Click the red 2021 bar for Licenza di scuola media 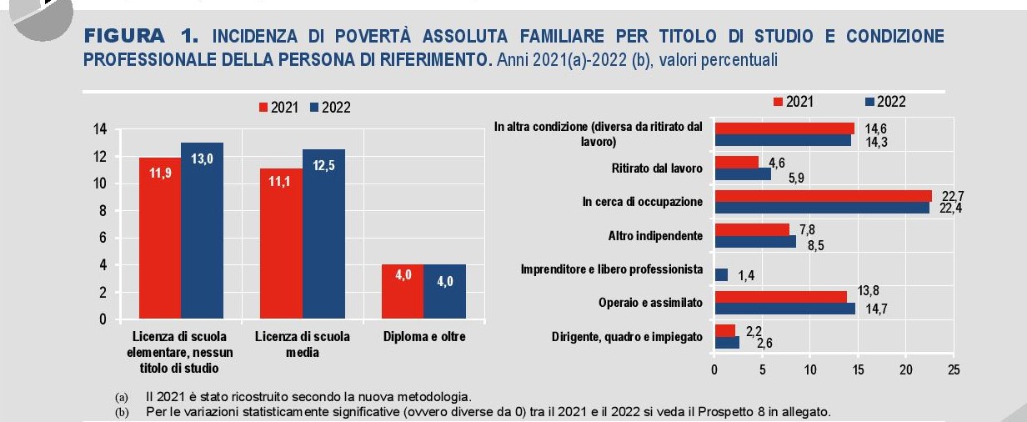pyautogui.click(x=281, y=243)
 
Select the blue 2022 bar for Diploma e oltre pyautogui.click(x=444, y=292)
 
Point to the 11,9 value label pyautogui.click(x=160, y=174)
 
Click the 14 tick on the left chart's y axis pyautogui.click(x=100, y=129)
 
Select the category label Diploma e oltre pyautogui.click(x=424, y=337)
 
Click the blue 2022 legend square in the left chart pyautogui.click(x=314, y=108)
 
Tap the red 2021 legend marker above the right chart pyautogui.click(x=779, y=102)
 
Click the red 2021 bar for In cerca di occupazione pyautogui.click(x=823, y=196)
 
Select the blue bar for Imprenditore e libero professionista pyautogui.click(x=721, y=274)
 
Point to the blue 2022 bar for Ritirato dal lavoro pyautogui.click(x=743, y=173)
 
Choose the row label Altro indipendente pyautogui.click(x=655, y=236)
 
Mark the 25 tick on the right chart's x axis pyautogui.click(x=954, y=369)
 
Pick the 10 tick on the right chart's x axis pyautogui.click(x=810, y=369)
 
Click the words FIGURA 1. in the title pyautogui.click(x=142, y=36)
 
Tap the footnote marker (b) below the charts pyautogui.click(x=123, y=412)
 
